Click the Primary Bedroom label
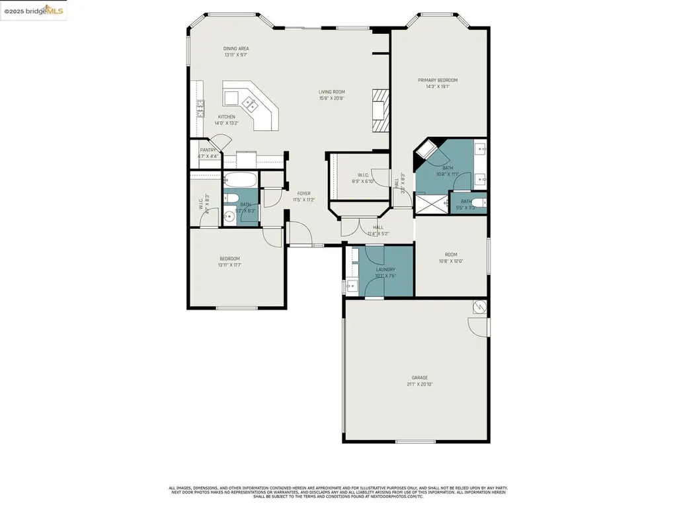[437, 80]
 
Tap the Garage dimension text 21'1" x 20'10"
[420, 384]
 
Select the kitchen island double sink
[251, 103]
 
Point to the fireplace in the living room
[378, 112]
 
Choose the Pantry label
[208, 150]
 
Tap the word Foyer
[303, 193]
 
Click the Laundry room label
[385, 269]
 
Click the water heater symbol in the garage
[479, 307]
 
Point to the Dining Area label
[236, 49]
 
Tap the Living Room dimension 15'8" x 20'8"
[331, 99]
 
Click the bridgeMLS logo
[33, 11]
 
